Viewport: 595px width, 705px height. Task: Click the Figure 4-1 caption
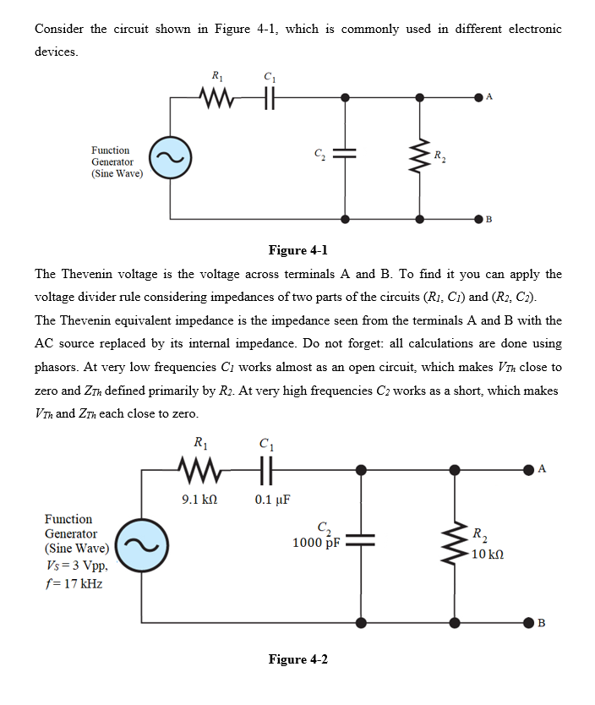pyautogui.click(x=297, y=250)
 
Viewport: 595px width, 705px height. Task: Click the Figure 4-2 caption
pyautogui.click(x=297, y=659)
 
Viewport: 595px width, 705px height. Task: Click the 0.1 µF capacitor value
pyautogui.click(x=272, y=499)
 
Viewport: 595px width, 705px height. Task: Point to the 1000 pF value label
pyautogui.click(x=316, y=543)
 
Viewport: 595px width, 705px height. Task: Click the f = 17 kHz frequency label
pyautogui.click(x=74, y=583)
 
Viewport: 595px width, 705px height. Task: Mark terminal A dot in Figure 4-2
pyautogui.click(x=529, y=467)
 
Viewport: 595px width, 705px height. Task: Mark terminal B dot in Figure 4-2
pyautogui.click(x=529, y=623)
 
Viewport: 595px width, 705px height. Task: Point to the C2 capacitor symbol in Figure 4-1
pyautogui.click(x=344, y=155)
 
